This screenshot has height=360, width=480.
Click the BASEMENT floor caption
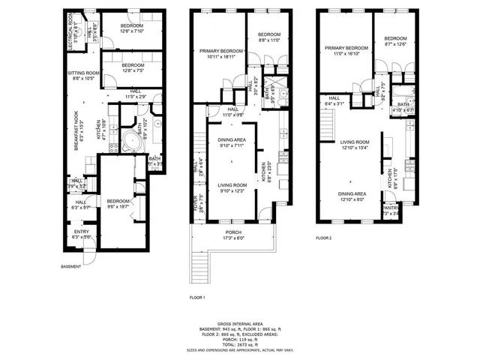[x=71, y=266]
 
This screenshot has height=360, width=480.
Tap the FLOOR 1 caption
[x=198, y=298]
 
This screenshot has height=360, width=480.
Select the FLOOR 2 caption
[x=324, y=238]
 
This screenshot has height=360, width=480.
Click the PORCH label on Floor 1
[x=233, y=232]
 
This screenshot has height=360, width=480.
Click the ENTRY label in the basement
[x=81, y=232]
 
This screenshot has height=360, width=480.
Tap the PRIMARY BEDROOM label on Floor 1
[x=218, y=51]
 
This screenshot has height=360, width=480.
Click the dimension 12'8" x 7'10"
[x=136, y=31]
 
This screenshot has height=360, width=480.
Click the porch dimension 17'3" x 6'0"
[x=233, y=238]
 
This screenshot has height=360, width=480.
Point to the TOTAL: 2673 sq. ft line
[x=239, y=344]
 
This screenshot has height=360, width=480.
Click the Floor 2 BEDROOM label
[x=395, y=39]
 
